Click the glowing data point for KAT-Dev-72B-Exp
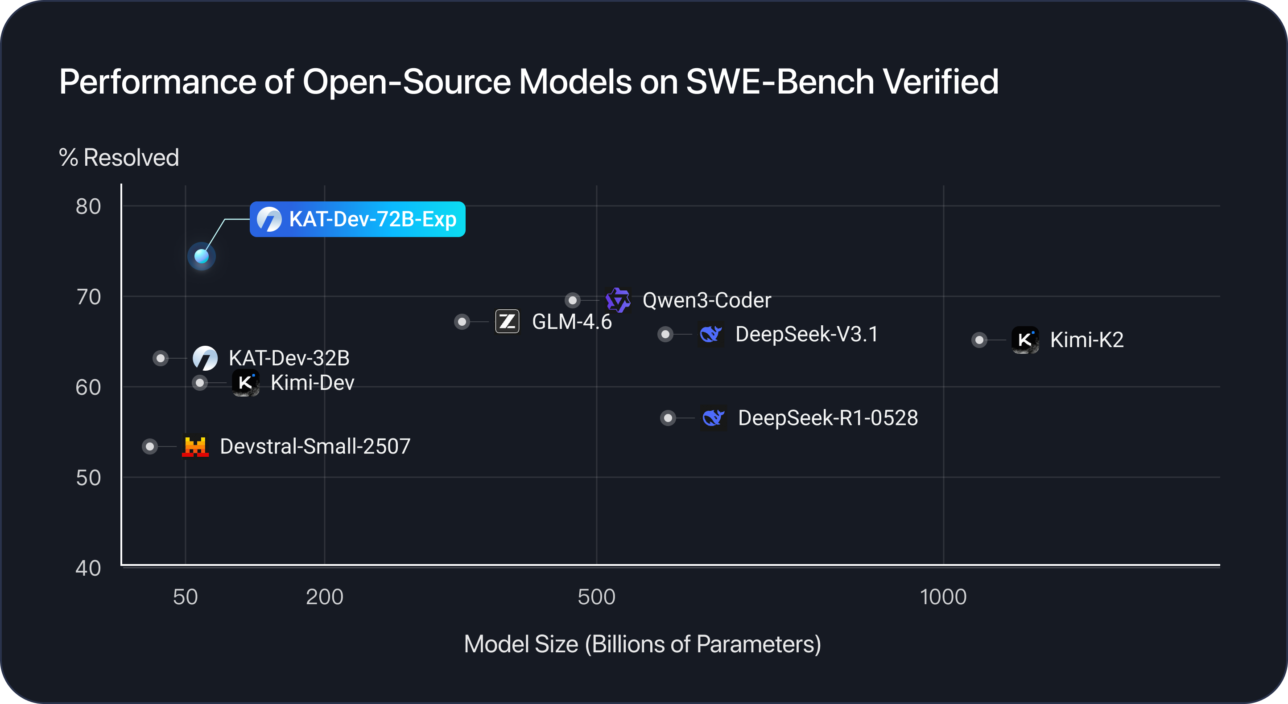[x=202, y=256]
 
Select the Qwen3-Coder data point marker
[x=573, y=300]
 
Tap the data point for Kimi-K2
[x=979, y=340]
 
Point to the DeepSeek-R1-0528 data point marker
[x=668, y=418]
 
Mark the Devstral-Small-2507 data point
[x=149, y=446]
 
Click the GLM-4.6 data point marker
[x=462, y=322]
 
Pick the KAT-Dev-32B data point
[x=161, y=358]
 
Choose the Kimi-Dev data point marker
[x=200, y=383]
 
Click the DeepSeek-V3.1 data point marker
[x=665, y=334]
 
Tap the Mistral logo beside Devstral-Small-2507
[x=195, y=446]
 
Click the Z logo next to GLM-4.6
[x=507, y=321]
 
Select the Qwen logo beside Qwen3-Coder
[x=618, y=300]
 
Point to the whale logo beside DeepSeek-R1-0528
[x=713, y=417]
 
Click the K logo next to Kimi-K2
[x=1025, y=340]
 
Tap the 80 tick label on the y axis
[x=88, y=206]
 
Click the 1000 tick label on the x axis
[x=943, y=597]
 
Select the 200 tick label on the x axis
[x=325, y=597]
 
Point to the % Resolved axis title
[x=119, y=158]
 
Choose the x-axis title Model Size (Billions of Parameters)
[x=643, y=644]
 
